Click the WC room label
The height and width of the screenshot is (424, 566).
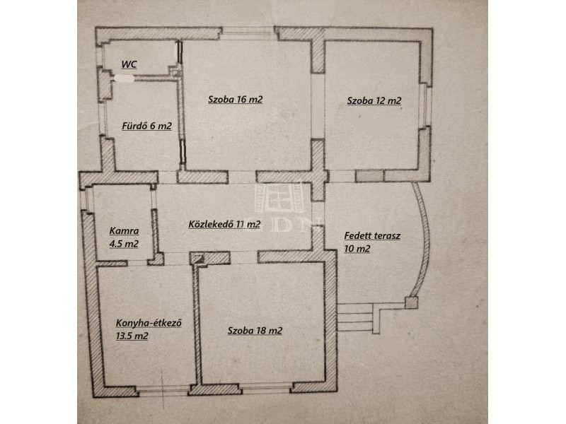(x=129, y=64)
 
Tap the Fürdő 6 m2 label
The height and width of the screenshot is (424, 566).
(x=146, y=126)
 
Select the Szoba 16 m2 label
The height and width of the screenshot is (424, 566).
(x=235, y=100)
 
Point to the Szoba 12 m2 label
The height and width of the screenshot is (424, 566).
(x=374, y=100)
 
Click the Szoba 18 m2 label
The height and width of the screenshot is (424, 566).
(x=255, y=331)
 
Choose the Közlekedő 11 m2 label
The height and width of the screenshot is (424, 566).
(x=224, y=224)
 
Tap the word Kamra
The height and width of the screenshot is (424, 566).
(x=124, y=231)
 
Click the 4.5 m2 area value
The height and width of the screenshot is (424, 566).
(x=124, y=244)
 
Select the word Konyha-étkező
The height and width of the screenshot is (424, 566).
(x=149, y=323)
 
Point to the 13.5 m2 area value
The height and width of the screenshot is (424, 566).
(x=132, y=336)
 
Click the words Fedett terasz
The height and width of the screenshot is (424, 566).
(x=372, y=236)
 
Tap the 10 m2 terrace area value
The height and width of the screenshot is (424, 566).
(x=357, y=249)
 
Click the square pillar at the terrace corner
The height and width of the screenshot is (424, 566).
(x=411, y=302)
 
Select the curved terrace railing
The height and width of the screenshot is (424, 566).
(x=427, y=239)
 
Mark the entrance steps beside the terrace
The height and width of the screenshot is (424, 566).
(x=358, y=317)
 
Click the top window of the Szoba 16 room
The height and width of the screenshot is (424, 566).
(x=248, y=34)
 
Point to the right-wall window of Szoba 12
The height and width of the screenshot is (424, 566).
(x=427, y=106)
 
